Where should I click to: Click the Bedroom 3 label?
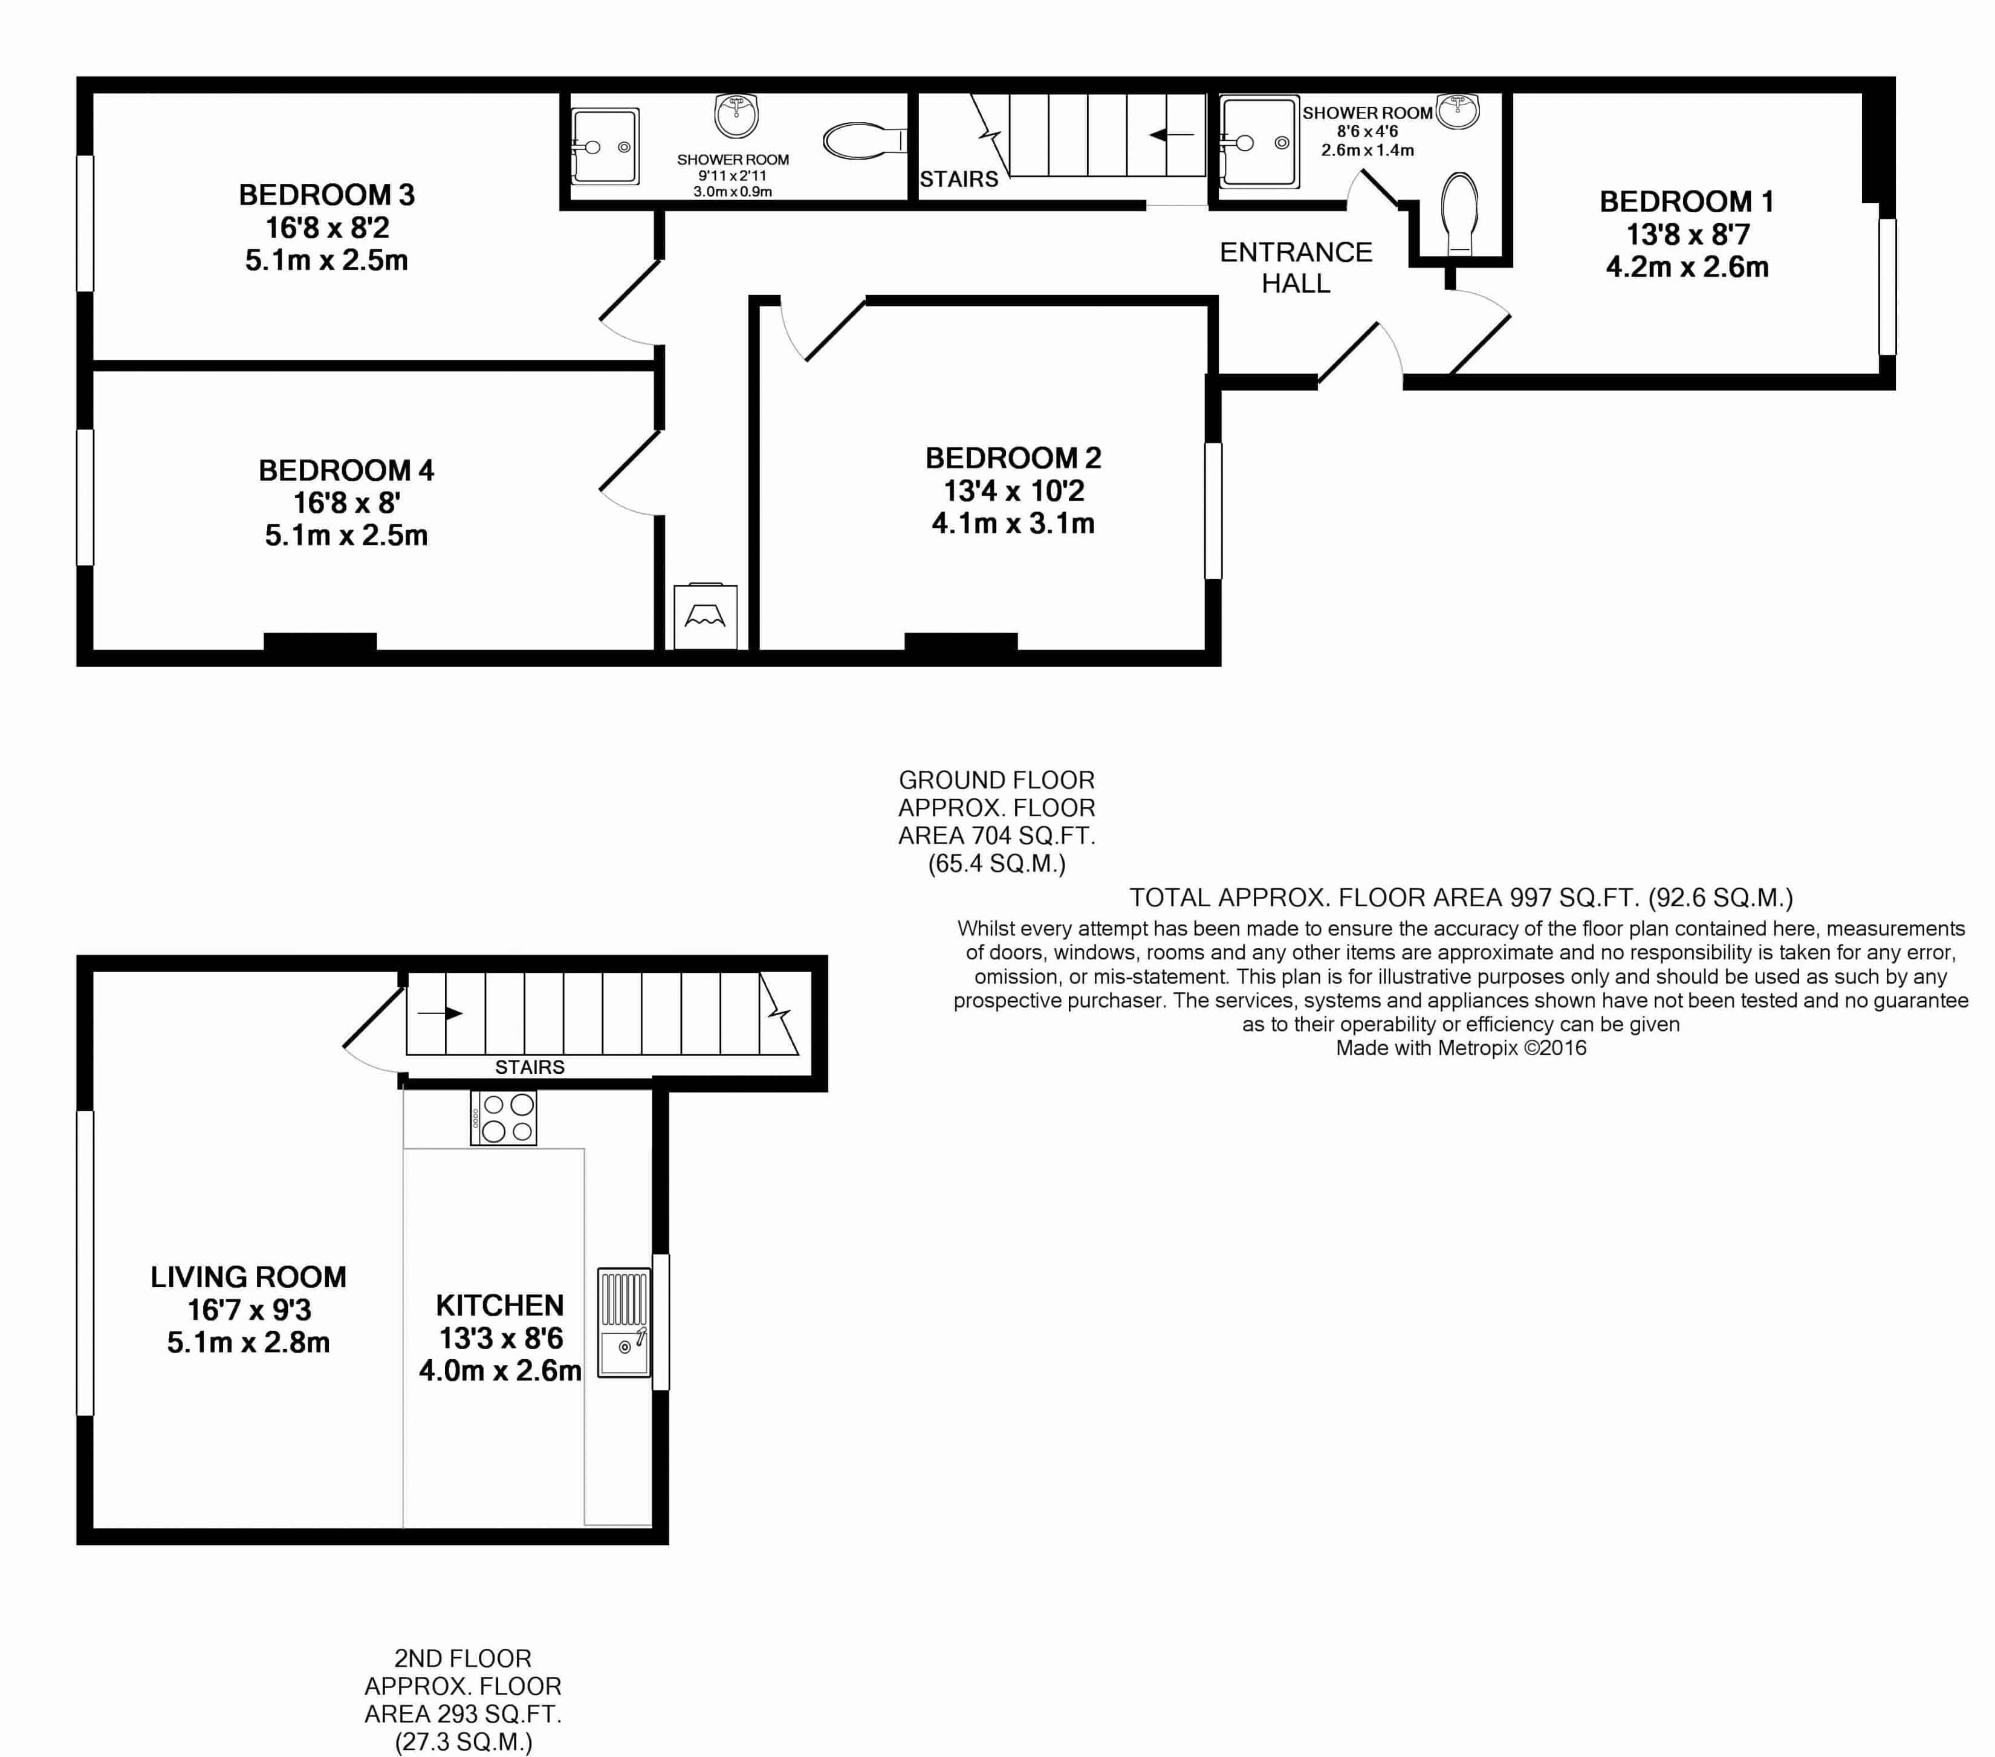click(327, 195)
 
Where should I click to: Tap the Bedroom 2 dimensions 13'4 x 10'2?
click(1013, 491)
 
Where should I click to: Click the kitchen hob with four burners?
click(504, 1118)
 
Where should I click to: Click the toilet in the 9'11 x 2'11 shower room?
click(864, 141)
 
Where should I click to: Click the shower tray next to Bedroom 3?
click(605, 146)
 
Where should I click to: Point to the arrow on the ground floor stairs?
click(1171, 135)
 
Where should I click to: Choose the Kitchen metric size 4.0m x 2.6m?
click(500, 1371)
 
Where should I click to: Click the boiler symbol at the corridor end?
click(705, 616)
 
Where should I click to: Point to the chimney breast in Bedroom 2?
click(961, 641)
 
